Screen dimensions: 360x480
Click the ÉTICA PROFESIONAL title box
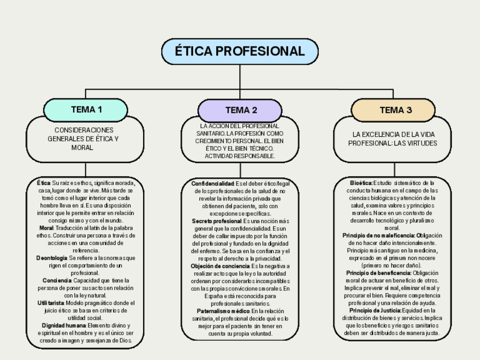239,52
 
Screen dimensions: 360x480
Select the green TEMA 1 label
86,109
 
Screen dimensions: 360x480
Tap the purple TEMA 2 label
241,110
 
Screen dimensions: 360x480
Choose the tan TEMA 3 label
395,110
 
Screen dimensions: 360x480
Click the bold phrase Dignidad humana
63,325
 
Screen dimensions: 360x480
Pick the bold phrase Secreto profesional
217,221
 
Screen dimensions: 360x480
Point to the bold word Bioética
361,183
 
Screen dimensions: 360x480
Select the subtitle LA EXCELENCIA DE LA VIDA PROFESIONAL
395,139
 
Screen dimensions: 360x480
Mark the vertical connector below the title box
239,77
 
